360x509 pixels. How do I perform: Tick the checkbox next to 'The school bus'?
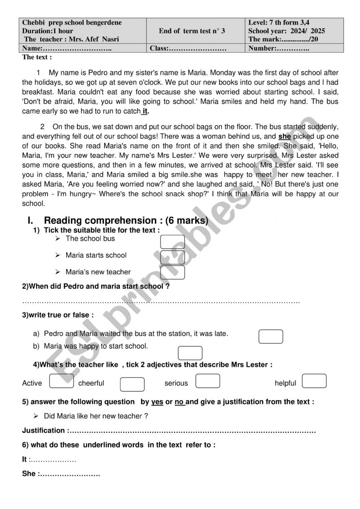pos(172,242)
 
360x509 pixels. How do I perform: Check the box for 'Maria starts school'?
pos(172,257)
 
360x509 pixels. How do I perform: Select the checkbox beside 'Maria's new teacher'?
pos(172,272)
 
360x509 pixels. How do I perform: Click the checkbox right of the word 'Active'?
pos(61,381)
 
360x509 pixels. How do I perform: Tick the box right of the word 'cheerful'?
pos(132,384)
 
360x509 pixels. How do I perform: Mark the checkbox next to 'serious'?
pos(207,381)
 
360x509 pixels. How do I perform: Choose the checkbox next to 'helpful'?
pos(314,381)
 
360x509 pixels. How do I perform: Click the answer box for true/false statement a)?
pos(271,336)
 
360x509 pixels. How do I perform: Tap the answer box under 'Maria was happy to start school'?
pos(190,353)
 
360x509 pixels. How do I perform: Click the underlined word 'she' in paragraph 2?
pos(285,136)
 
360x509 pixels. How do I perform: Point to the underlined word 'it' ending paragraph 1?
pos(145,111)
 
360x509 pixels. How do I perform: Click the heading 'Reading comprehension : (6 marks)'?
pos(126,221)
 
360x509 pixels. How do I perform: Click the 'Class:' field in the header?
pos(188,49)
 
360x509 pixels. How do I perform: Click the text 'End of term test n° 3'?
pos(192,31)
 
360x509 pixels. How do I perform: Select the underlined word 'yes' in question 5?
pos(157,402)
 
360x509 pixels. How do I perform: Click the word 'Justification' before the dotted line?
pos(43,431)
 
